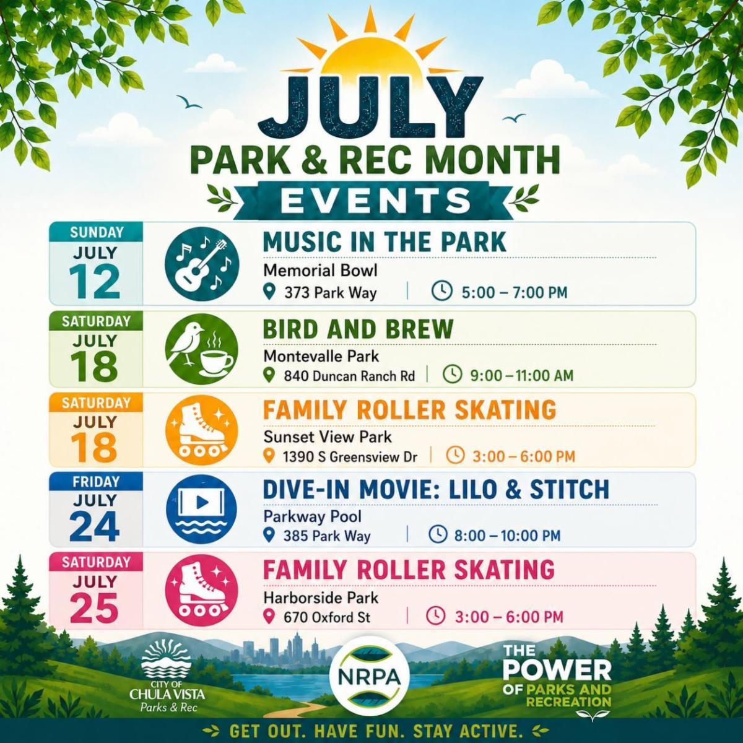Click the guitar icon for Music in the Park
(x=202, y=264)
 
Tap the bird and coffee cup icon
(x=202, y=349)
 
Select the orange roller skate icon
(x=202, y=430)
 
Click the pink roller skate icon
(x=202, y=590)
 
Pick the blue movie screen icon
(x=202, y=510)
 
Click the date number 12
(x=95, y=282)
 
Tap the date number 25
(x=95, y=607)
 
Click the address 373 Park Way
(x=330, y=293)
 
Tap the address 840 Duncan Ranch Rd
(x=349, y=375)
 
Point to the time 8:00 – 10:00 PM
(x=507, y=535)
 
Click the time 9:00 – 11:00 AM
(x=522, y=375)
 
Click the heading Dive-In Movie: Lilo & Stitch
(x=436, y=489)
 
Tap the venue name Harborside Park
(x=321, y=597)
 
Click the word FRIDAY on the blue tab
(x=96, y=482)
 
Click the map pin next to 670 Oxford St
(x=269, y=617)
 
